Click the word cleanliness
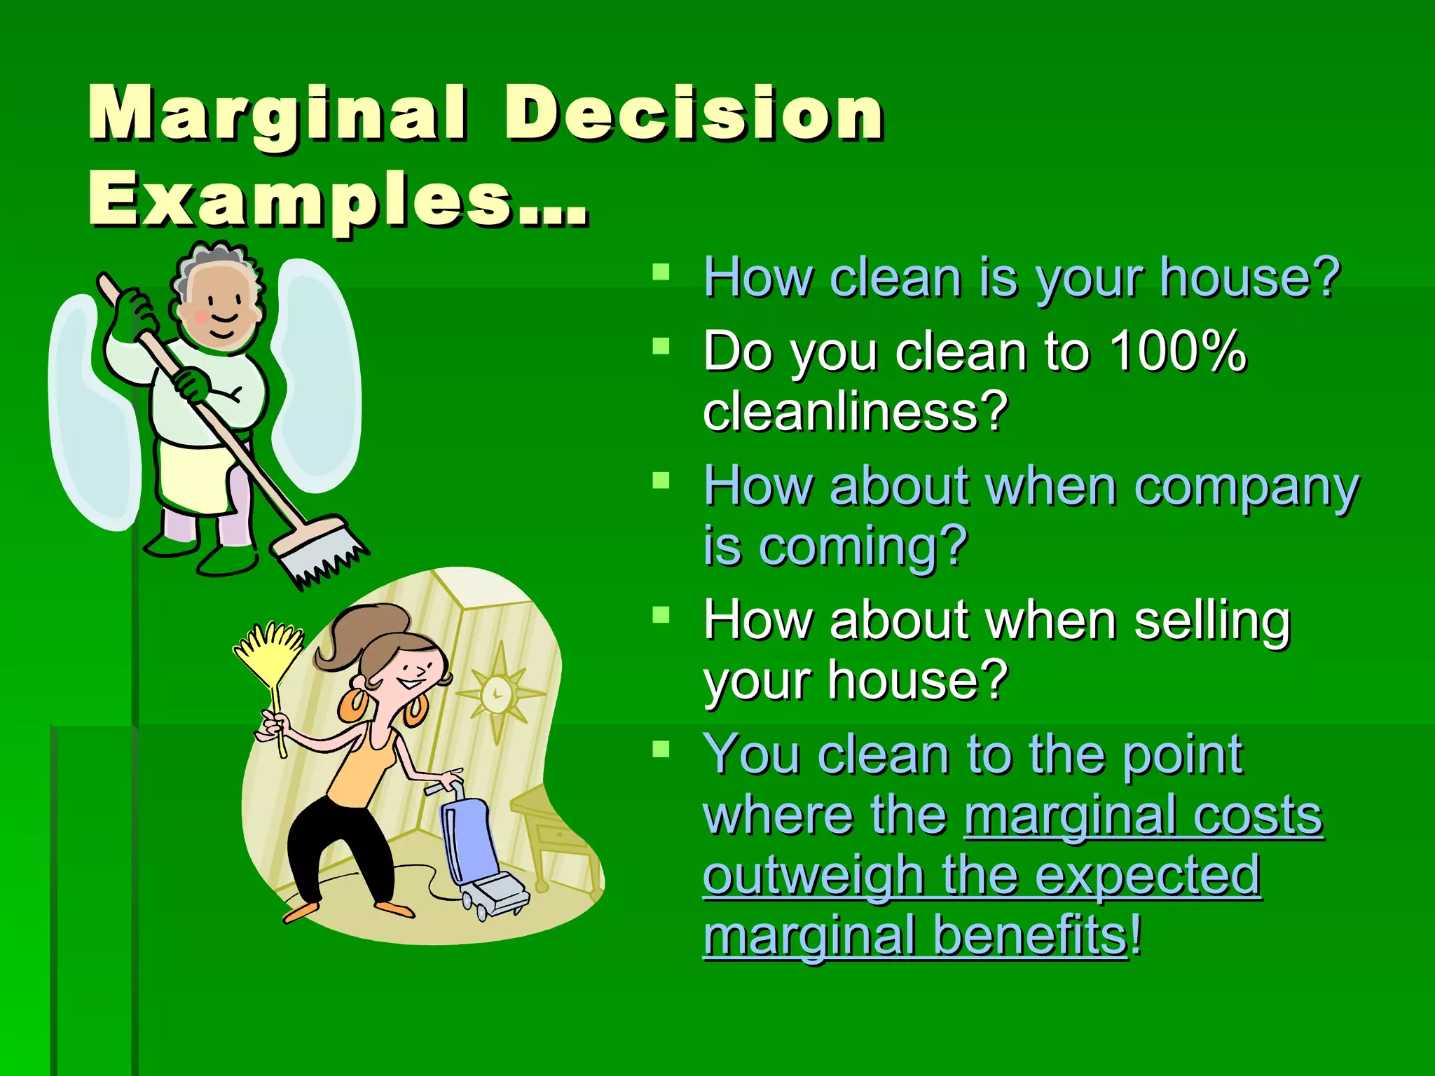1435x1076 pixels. pyautogui.click(x=855, y=411)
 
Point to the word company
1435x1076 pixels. pyautogui.click(x=1247, y=487)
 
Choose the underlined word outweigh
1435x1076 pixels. pyautogui.click(x=813, y=876)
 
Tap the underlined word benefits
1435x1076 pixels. pyautogui.click(x=1030, y=936)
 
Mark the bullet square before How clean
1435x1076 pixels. pyautogui.click(x=661, y=272)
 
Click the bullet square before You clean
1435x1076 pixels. pyautogui.click(x=661, y=750)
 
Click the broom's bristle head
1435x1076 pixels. pyautogui.click(x=319, y=553)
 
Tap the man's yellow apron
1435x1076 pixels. pyautogui.click(x=193, y=476)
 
